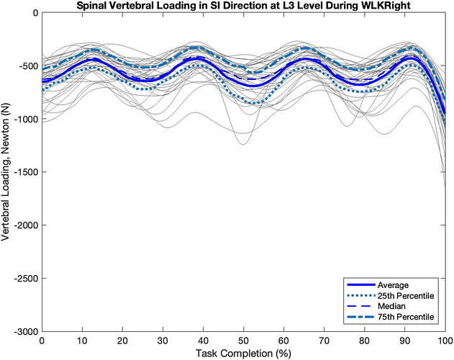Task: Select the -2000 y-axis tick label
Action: pos(25,225)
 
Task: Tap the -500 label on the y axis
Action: pos(28,66)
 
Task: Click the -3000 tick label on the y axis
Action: pos(25,331)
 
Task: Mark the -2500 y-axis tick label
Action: pos(25,278)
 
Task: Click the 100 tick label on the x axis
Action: pos(445,341)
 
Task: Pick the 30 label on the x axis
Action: pos(163,341)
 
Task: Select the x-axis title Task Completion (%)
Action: pos(243,354)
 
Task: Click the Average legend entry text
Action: pos(393,285)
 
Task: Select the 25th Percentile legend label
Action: pos(406,296)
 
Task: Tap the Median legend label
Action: pos(391,307)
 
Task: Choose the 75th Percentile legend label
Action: pos(406,317)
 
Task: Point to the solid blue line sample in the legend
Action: pos(361,285)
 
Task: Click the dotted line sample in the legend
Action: pos(361,296)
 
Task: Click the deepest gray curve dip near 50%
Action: pos(243,144)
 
